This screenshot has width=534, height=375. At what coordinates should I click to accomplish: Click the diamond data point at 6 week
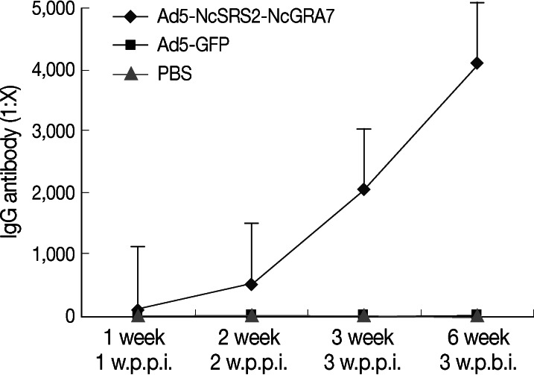tap(477, 63)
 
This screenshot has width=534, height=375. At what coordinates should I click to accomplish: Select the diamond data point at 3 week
tap(363, 189)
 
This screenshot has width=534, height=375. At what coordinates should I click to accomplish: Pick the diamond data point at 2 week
tap(251, 284)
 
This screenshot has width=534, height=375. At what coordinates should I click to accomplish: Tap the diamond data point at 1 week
tap(138, 309)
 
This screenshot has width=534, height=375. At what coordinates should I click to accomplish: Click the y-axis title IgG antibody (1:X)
tap(12, 160)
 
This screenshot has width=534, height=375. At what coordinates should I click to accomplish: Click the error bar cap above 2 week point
tap(251, 223)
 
